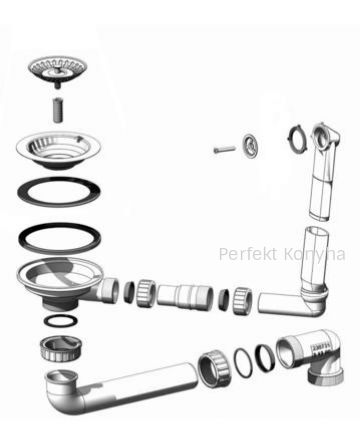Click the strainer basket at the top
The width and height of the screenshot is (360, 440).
pyautogui.click(x=57, y=69)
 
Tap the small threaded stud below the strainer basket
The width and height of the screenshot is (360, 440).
pyautogui.click(x=58, y=110)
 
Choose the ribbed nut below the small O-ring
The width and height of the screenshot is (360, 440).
pyautogui.click(x=61, y=349)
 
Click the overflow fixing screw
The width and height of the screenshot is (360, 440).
pyautogui.click(x=224, y=149)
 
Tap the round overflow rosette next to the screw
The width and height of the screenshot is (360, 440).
pyautogui.click(x=250, y=145)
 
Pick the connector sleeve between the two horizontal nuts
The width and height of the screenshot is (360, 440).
pyautogui.click(x=185, y=297)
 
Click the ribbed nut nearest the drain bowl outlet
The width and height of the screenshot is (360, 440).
pyautogui.click(x=146, y=292)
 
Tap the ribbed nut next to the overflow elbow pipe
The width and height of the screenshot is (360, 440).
pyautogui.click(x=242, y=301)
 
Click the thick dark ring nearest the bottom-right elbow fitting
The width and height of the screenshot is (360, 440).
pyautogui.click(x=266, y=358)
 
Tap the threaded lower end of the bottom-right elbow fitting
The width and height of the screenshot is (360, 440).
pyautogui.click(x=325, y=376)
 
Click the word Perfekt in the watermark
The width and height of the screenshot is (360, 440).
pyautogui.click(x=248, y=254)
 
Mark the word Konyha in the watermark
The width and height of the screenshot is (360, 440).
pyautogui.click(x=315, y=255)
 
